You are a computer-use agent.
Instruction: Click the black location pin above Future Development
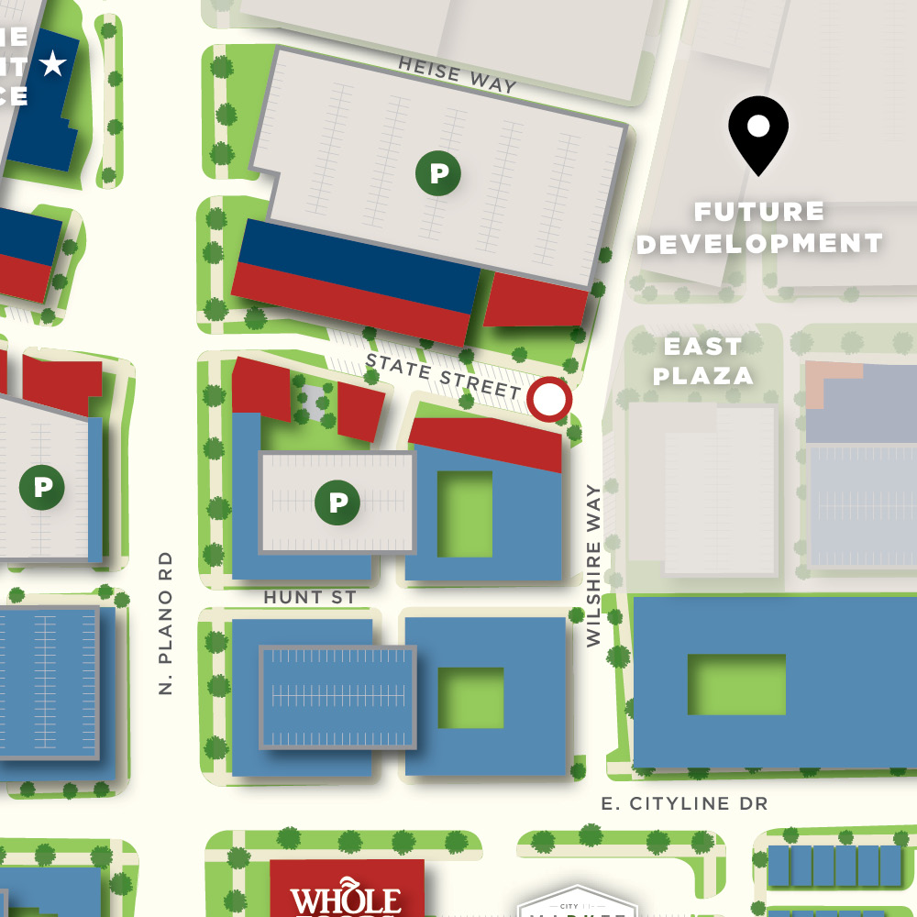tap(758, 133)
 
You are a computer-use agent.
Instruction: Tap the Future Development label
tap(759, 227)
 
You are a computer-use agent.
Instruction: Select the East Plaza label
tap(703, 360)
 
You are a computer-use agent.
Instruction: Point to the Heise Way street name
tap(458, 74)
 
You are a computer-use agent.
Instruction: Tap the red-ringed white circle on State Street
tap(549, 400)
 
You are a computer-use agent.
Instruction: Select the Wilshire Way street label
tap(594, 566)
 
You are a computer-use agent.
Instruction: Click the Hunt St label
tap(310, 597)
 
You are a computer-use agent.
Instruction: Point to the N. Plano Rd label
tap(166, 623)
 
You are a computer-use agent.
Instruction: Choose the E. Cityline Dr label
tap(684, 803)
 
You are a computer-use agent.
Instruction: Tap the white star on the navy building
tap(54, 64)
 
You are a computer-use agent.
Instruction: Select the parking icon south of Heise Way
tap(438, 172)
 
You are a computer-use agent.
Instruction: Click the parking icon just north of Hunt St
tap(338, 502)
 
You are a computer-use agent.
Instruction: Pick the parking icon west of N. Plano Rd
tap(42, 487)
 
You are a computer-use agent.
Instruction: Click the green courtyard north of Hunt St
tap(465, 514)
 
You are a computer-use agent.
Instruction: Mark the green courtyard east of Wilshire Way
tap(736, 684)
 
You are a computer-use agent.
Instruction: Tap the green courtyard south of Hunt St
tap(470, 698)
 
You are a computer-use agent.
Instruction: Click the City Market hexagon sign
tap(576, 902)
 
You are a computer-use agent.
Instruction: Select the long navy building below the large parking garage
tap(358, 261)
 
